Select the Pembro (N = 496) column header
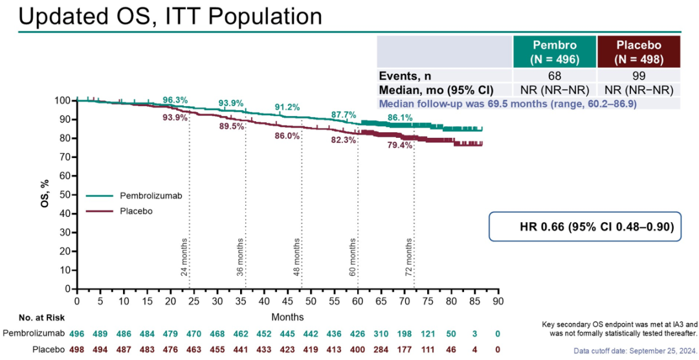(x=554, y=51)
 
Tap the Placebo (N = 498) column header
(x=638, y=51)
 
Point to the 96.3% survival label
(x=175, y=100)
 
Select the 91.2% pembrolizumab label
(x=287, y=107)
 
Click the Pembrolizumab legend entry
(x=150, y=195)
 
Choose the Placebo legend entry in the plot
(x=137, y=210)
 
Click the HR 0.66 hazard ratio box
(x=584, y=227)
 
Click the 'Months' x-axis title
(x=287, y=317)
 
